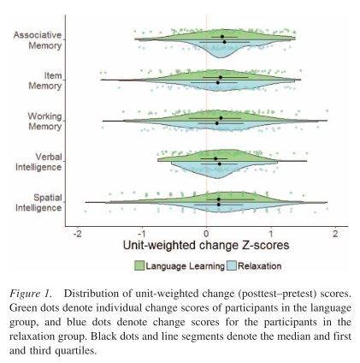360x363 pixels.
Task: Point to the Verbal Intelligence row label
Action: [38, 162]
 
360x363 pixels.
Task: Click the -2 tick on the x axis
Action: [77, 233]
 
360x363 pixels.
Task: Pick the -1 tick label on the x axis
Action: [141, 233]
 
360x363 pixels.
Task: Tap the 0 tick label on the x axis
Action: [206, 233]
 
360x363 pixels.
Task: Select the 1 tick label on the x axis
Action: [271, 233]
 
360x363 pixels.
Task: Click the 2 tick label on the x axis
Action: [335, 233]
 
